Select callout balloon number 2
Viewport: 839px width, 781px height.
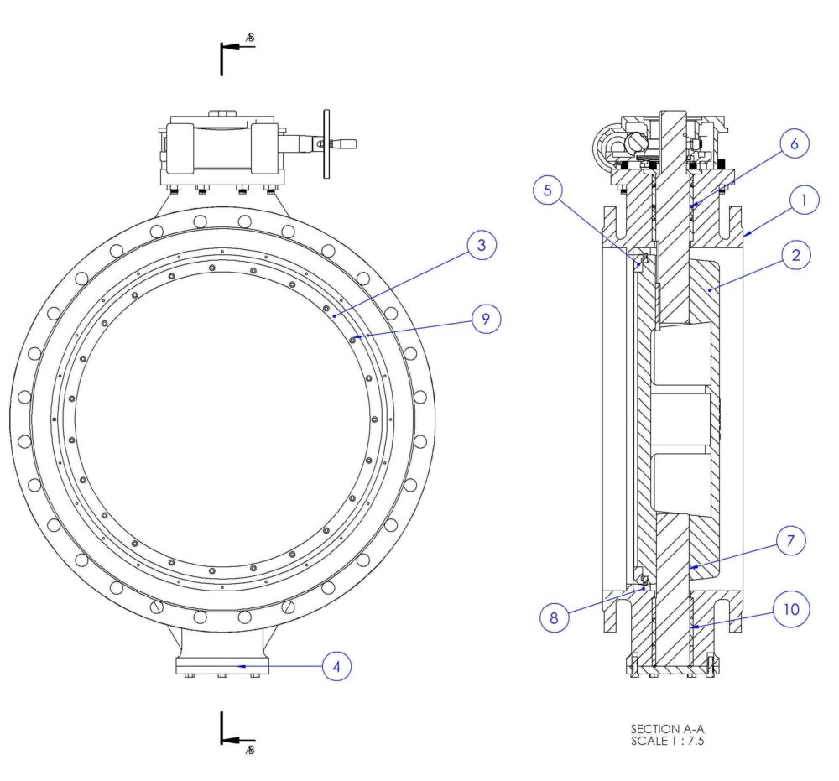pos(794,255)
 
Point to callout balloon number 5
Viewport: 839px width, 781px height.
pos(549,191)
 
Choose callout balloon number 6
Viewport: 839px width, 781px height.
pos(794,143)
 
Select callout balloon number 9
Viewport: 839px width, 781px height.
pos(487,319)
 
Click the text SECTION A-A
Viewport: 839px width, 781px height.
pos(662,729)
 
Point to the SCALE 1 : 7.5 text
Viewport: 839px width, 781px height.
pos(662,741)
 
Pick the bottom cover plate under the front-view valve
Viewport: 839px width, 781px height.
pos(222,666)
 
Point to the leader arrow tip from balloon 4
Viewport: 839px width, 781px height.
pos(242,666)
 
